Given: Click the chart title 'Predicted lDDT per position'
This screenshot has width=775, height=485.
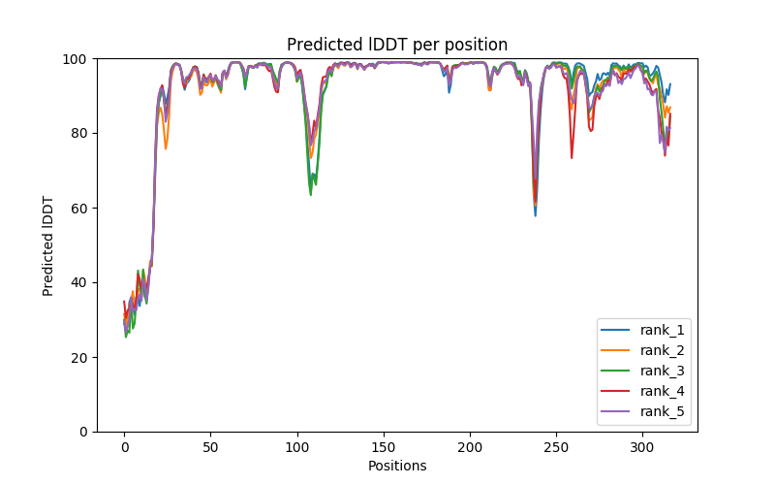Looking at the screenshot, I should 397,45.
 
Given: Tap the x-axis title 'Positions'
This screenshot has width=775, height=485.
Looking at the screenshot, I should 397,466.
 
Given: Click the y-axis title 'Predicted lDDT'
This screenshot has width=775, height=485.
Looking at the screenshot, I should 48,244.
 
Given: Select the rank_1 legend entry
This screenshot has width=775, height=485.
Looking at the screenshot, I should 663,330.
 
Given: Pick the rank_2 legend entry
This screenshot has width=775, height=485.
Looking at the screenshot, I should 663,350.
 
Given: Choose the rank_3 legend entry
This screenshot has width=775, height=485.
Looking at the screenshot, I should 663,371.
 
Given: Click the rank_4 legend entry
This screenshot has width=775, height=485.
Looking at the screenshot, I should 663,392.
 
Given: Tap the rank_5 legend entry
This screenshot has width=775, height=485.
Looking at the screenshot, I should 663,412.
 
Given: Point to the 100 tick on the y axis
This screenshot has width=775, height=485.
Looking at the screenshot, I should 77,58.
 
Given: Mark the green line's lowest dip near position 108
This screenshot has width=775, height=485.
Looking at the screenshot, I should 311,195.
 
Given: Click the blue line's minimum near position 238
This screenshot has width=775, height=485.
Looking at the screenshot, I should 536,215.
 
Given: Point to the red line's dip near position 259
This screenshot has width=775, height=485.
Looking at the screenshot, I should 572,158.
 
